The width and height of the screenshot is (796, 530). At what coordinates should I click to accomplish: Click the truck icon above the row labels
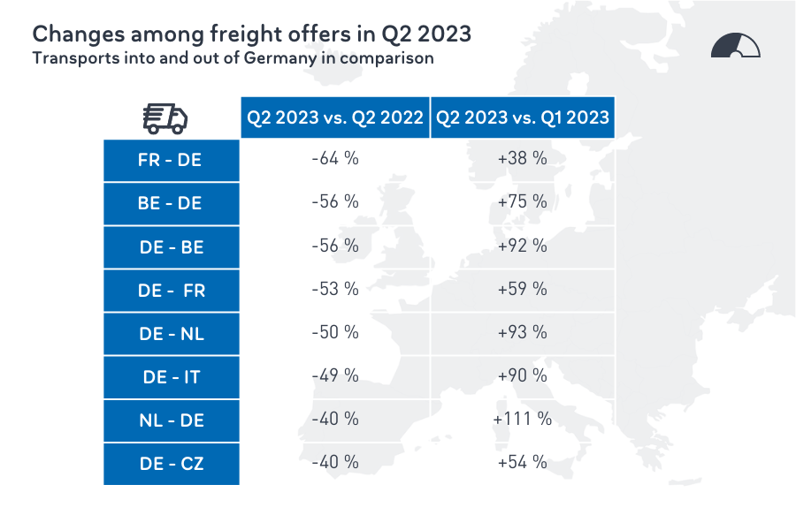165,117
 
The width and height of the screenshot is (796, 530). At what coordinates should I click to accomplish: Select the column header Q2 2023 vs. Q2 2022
334,117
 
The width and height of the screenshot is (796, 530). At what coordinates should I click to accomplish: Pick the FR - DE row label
171,160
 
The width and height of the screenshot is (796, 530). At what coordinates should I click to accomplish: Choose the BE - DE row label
171,203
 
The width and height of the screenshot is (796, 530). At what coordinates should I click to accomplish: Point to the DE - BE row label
171,247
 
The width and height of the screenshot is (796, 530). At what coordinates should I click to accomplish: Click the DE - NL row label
171,334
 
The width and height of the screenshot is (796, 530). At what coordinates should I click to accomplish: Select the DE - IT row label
171,377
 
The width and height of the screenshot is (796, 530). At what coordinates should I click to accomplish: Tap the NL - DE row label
171,420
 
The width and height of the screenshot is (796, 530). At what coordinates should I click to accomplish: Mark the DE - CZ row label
171,464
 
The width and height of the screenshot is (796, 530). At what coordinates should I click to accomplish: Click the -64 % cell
334,159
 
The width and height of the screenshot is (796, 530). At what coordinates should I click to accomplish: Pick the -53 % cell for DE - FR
334,289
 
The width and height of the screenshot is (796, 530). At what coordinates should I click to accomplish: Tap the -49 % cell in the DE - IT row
334,375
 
